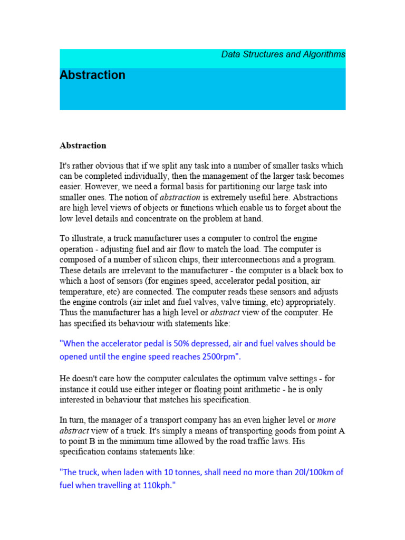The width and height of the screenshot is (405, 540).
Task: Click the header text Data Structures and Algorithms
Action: point(283,54)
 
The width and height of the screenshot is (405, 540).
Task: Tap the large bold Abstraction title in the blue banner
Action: point(93,75)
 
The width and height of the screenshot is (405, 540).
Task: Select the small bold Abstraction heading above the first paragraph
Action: point(83,145)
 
